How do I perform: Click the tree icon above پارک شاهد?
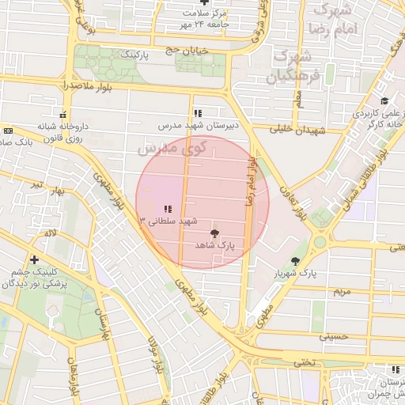(214, 233)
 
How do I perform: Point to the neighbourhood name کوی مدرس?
(171, 147)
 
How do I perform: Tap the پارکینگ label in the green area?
(134, 55)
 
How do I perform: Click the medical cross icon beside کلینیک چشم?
(34, 259)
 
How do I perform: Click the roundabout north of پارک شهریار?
(321, 242)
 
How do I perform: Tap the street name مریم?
(341, 292)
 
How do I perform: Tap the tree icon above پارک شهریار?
(296, 260)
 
